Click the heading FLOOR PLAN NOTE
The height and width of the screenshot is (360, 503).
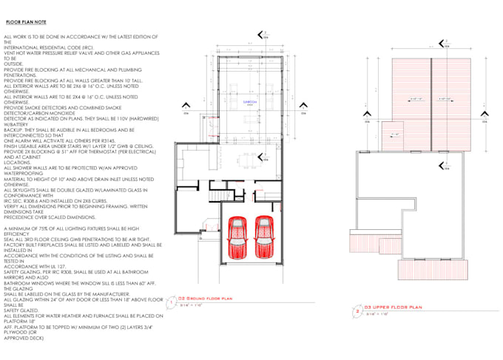pyautogui.click(x=26, y=23)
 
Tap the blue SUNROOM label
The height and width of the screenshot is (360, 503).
pyautogui.click(x=250, y=103)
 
